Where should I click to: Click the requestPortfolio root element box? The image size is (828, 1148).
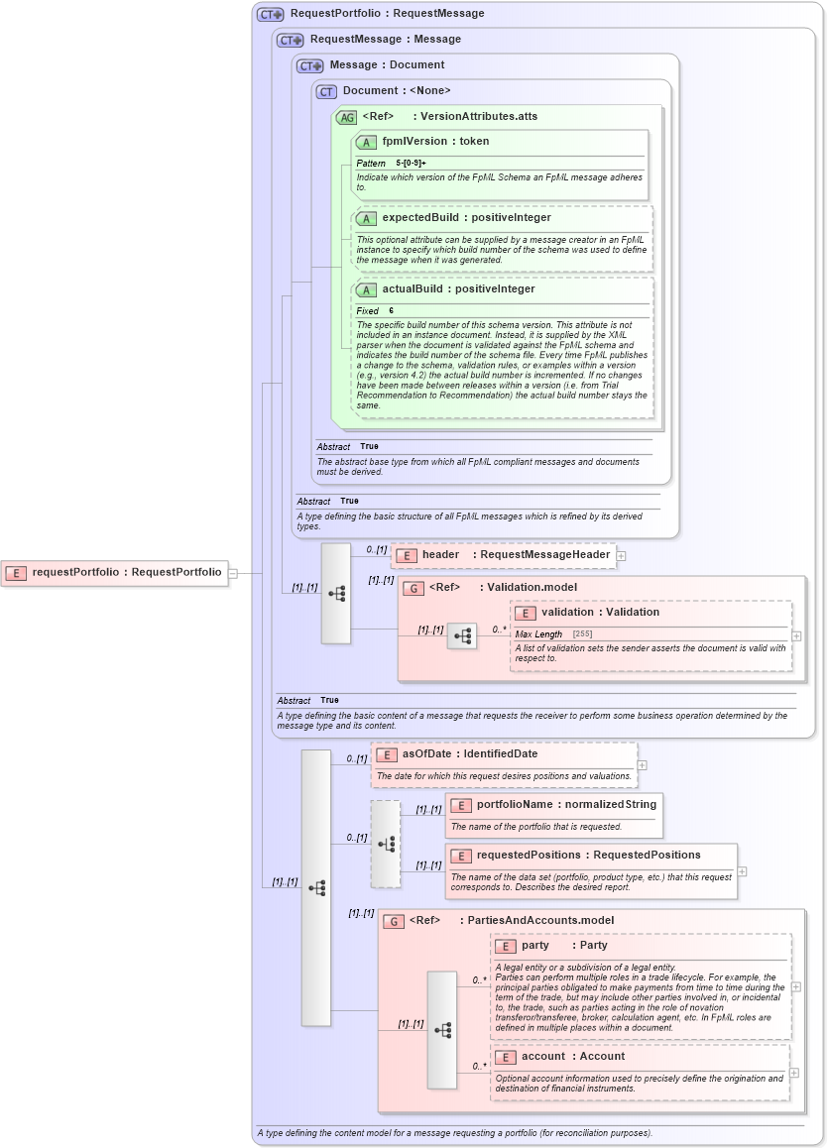pos(114,572)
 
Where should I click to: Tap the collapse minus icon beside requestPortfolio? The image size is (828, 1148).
pos(233,572)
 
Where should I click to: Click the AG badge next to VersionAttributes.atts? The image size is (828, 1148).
pos(346,117)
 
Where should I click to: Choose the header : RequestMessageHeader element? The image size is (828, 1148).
pos(503,555)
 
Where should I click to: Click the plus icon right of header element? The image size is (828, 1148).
pos(621,556)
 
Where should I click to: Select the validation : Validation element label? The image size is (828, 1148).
pos(586,613)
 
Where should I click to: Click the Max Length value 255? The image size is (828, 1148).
pos(582,633)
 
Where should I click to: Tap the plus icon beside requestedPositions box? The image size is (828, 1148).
pos(742,871)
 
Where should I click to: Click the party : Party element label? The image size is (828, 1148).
pos(551,946)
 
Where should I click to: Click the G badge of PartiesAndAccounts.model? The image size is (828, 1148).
pos(393,921)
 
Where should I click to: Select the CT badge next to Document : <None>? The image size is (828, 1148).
pos(326,91)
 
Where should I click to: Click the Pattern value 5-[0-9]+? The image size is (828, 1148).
pos(411,163)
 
